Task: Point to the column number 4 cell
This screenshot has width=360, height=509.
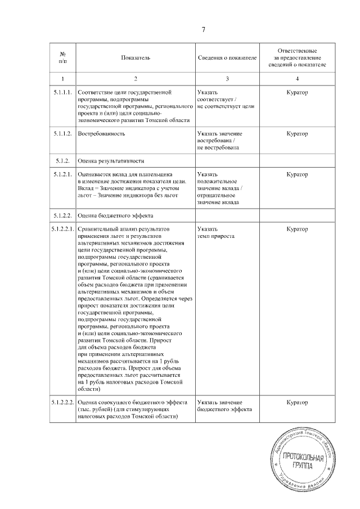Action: (296, 78)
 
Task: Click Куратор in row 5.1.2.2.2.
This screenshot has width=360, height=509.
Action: (296, 403)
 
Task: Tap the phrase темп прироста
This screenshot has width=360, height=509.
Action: (216, 236)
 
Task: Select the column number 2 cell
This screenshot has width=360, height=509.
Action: (136, 78)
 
